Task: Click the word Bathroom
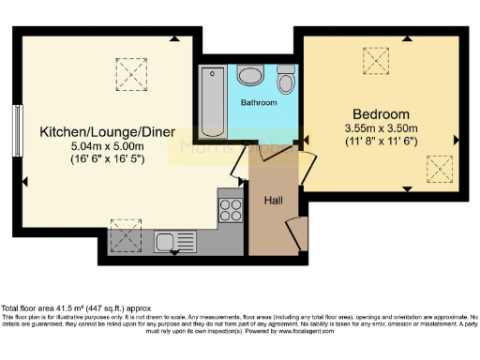coord(259,102)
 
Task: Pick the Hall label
coord(273,200)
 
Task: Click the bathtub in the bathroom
coord(209,101)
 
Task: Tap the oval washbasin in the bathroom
coord(250,75)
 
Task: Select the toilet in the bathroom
coord(287,82)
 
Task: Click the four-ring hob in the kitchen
coord(230,207)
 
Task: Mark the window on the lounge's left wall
coord(17,130)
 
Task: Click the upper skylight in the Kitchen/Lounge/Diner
coord(131,70)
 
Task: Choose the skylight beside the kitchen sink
coord(124,235)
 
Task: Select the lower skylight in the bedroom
coord(439,170)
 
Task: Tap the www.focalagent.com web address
coord(306,331)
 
